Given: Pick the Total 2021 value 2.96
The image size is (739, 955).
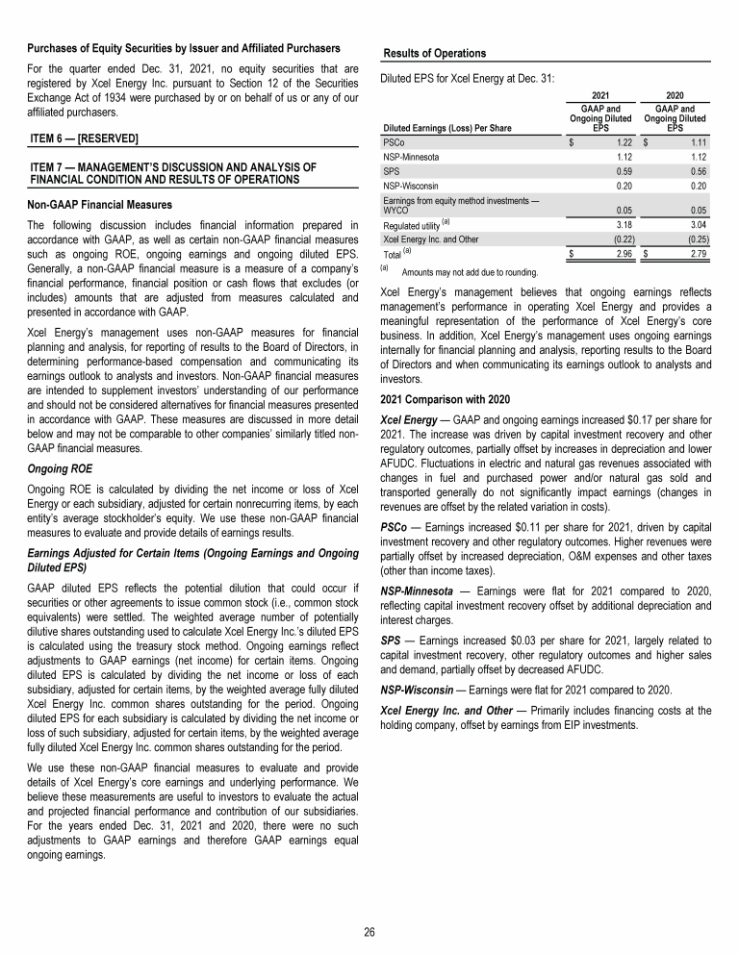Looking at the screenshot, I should coord(621,254).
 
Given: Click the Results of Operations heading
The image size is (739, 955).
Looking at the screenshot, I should coord(434,53).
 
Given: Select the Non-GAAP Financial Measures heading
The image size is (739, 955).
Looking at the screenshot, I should coord(101,205).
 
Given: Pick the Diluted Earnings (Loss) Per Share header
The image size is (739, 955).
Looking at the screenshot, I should coord(446,127).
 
